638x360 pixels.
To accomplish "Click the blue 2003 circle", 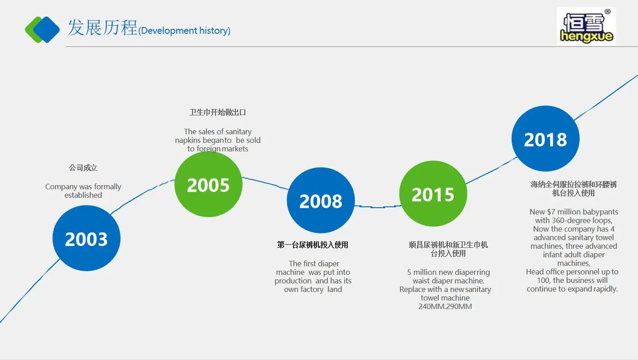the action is pos(86,238).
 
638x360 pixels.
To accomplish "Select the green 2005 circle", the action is pos(208,184).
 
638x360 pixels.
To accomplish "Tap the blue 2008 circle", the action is pos(321,201).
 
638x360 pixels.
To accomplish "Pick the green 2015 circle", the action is pos(433,194).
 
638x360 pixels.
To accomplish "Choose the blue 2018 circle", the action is pos(546,139).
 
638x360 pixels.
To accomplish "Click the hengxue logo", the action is pos(586,26).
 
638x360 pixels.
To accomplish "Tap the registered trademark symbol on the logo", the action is pos(607,12).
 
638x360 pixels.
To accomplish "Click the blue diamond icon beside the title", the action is pos(47,30).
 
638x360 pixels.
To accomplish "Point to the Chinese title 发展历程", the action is pos(102,27).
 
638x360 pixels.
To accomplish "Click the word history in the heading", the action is pos(215,31).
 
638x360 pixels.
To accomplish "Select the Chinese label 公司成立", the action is pos(83,168).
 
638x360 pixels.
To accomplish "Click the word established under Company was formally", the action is pos(83,195).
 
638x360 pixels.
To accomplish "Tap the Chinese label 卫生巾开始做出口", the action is pos(218,112).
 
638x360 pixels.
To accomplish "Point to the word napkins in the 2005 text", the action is pos(189,141).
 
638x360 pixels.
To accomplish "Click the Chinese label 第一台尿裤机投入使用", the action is pos(312,245).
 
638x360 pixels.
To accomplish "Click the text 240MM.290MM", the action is pos(445,306).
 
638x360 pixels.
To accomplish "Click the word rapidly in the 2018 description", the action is pos(606,289).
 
